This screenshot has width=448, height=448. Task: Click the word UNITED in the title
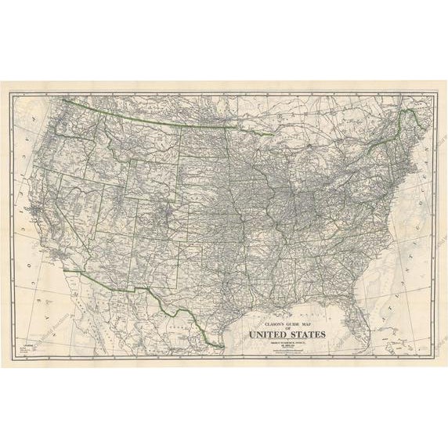[268, 334]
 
